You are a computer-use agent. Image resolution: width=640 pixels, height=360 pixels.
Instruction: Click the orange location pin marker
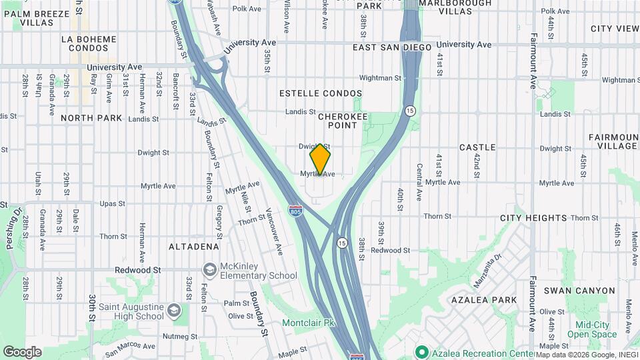coord(320,159)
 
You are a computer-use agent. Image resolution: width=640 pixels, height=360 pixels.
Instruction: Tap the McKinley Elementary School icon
coord(211,269)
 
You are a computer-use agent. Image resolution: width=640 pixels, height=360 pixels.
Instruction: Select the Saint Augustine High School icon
coord(174,311)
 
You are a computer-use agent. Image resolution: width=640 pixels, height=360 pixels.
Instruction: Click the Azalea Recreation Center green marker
coord(421,351)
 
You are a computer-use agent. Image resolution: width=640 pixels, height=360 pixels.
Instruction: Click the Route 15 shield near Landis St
coord(410,110)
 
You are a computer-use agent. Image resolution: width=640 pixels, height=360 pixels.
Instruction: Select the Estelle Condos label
coord(321,93)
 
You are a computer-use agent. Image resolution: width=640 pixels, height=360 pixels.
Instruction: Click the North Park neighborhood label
coord(91,118)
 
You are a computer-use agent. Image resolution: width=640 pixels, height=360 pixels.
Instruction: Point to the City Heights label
coord(533,218)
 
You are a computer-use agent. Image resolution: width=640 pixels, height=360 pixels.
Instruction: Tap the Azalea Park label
coord(489,300)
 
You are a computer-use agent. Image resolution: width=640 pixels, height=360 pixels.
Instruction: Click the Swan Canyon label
coord(579,291)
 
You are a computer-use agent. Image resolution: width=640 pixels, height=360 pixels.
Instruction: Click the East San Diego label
coord(392,47)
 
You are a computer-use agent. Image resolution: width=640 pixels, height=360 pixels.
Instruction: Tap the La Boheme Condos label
coord(89,44)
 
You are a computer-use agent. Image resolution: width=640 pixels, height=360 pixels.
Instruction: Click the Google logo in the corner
coord(22,351)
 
